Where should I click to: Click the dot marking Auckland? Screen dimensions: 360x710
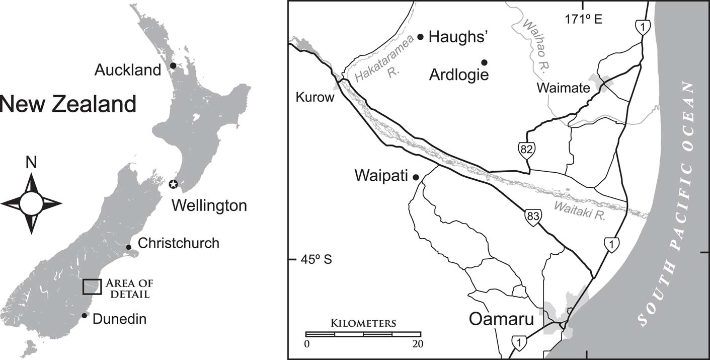click(173, 65)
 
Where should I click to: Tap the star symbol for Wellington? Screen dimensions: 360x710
click(174, 184)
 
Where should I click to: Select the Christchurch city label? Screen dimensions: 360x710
click(179, 243)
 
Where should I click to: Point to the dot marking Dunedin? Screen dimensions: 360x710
click(85, 316)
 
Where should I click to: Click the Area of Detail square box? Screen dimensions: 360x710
click(92, 286)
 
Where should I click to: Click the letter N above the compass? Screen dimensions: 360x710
click(31, 163)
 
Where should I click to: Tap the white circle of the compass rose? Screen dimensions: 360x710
click(31, 203)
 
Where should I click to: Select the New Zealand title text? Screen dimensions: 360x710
click(67, 105)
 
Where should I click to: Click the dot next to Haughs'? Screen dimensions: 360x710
click(421, 37)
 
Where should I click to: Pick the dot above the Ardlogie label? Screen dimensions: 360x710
click(484, 62)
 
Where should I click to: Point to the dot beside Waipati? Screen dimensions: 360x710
click(416, 177)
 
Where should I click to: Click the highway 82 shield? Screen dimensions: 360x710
click(527, 149)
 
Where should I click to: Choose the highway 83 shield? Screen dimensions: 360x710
click(532, 216)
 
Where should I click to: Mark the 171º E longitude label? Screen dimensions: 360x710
click(583, 20)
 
